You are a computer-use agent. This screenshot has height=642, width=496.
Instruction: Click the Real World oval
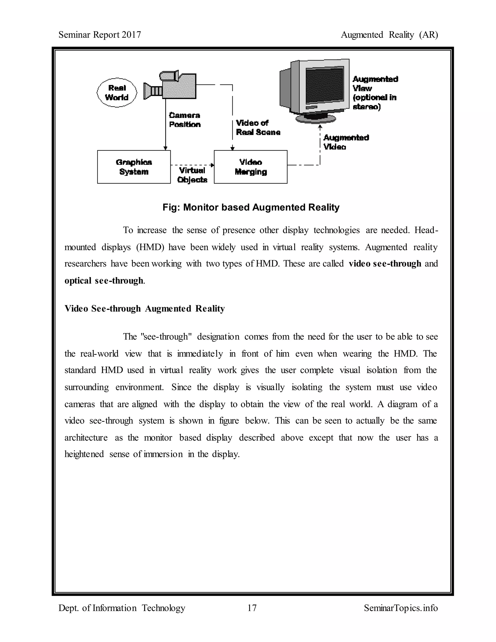[x=117, y=93]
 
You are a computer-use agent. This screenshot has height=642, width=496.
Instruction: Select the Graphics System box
[x=134, y=167]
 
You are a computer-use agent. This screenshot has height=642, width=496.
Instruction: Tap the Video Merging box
[x=250, y=167]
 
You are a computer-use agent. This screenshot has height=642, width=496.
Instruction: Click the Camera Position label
[x=185, y=120]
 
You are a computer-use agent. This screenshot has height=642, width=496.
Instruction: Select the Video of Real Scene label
[x=258, y=128]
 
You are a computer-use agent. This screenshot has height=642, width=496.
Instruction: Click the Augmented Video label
[x=346, y=142]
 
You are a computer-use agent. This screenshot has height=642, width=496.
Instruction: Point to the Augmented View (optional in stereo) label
[x=375, y=93]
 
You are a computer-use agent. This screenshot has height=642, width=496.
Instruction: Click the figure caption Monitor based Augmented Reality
[x=251, y=208]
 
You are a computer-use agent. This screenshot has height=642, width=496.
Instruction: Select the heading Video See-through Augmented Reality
[x=145, y=309]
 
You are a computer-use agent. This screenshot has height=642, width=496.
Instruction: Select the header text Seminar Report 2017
[x=100, y=35]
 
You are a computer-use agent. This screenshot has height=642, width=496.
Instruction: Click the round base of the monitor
[x=316, y=118]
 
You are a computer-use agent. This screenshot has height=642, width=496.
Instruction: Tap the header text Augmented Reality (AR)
[x=389, y=35]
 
